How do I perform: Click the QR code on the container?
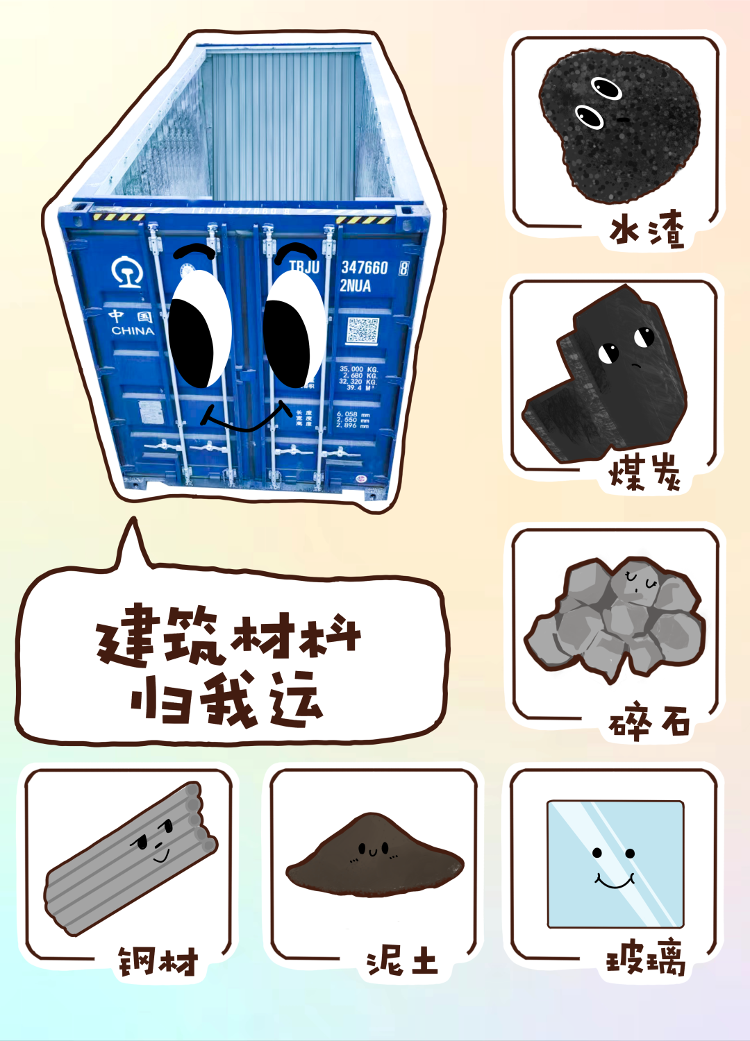tap(362, 331)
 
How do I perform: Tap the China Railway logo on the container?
tap(126, 271)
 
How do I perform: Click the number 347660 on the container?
tap(364, 267)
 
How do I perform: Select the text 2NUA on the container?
tap(355, 285)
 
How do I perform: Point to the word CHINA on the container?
tap(133, 330)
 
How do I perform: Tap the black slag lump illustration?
tap(617, 125)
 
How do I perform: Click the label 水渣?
tap(647, 230)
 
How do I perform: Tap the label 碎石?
tap(649, 722)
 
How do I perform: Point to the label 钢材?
tap(158, 962)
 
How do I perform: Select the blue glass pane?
tap(615, 864)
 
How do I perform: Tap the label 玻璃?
tap(646, 960)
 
